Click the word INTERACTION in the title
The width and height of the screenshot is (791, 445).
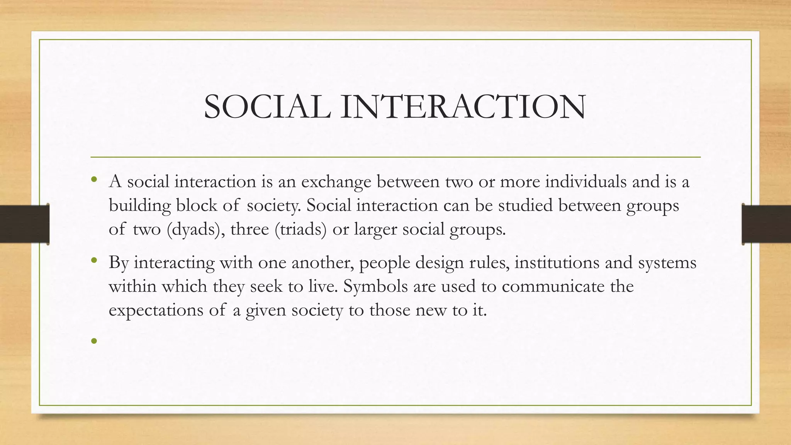click(463, 107)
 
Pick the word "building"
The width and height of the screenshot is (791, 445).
click(140, 206)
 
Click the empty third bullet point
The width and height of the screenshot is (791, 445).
click(93, 341)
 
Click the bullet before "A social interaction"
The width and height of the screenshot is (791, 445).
click(93, 179)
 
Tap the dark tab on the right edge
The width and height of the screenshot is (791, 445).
click(767, 224)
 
